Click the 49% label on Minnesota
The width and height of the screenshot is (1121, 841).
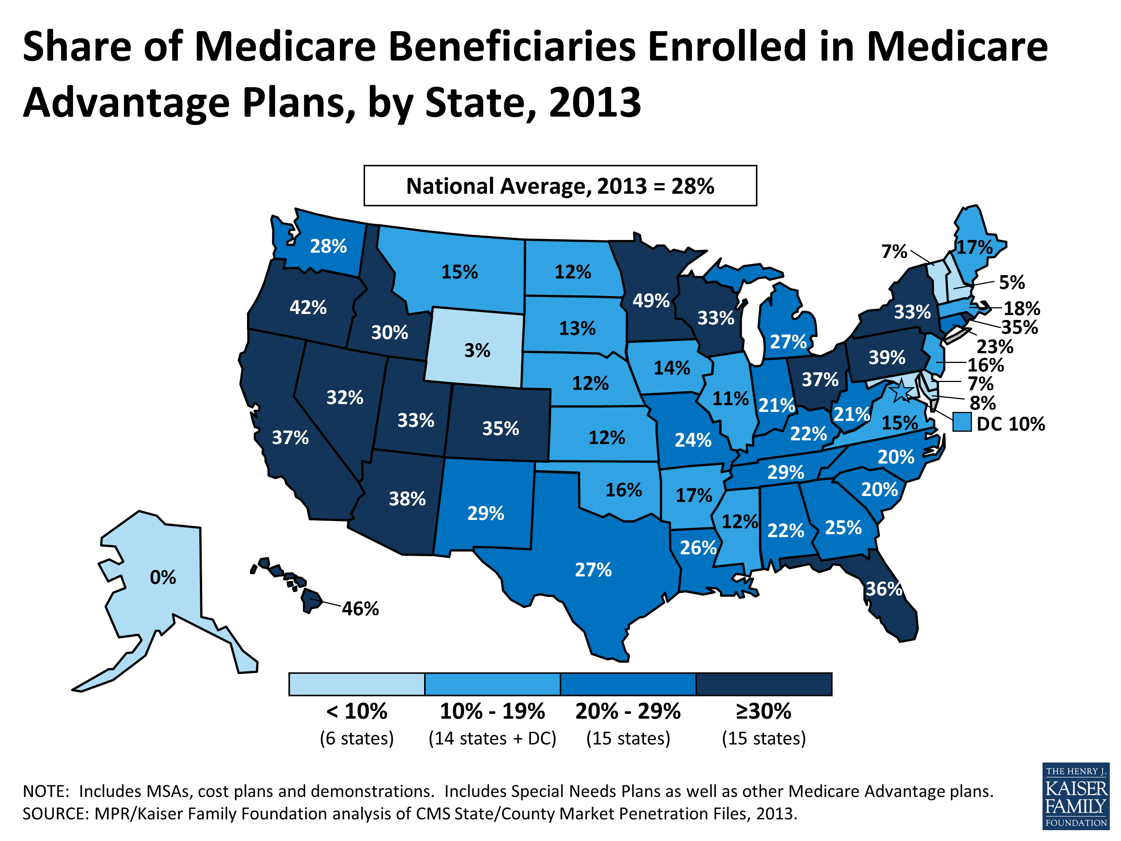tap(651, 301)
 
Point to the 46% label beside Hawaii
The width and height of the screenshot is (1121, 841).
tap(360, 608)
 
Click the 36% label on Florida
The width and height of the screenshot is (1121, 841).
tap(883, 589)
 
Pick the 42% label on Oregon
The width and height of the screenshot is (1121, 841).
tap(308, 307)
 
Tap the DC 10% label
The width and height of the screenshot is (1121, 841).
tap(1010, 424)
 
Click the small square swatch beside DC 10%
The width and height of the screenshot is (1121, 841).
tap(961, 422)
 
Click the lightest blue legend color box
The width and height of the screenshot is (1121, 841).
tap(356, 684)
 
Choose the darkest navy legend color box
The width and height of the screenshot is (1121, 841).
tap(764, 684)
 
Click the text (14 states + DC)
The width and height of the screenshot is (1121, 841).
tap(492, 738)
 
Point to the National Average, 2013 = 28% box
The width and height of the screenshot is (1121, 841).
tap(560, 185)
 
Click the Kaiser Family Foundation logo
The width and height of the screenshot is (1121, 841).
tap(1076, 796)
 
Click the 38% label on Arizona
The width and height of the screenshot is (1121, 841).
tap(407, 499)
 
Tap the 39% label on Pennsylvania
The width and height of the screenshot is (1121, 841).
tap(887, 357)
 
